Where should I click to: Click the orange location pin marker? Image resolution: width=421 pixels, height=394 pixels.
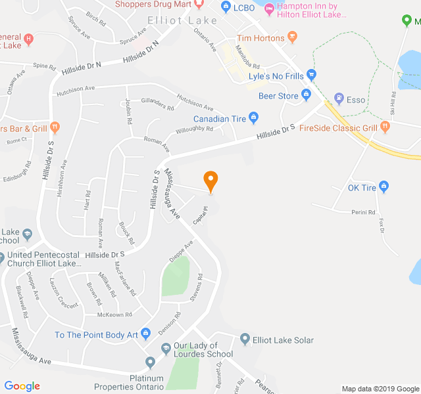click(210, 180)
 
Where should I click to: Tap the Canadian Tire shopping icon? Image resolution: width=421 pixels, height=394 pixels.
click(254, 118)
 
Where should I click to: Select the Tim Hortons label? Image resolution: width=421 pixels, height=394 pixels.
click(260, 39)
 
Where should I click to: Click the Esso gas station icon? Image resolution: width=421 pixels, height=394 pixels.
click(339, 100)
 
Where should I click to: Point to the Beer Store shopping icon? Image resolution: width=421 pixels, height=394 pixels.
click(306, 96)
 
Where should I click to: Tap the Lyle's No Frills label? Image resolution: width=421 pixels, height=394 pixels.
click(276, 76)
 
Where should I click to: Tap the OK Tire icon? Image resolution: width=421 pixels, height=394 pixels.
click(385, 188)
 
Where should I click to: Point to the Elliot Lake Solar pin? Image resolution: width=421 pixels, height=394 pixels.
click(245, 339)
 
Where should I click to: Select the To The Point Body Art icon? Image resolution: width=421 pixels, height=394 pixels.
click(146, 334)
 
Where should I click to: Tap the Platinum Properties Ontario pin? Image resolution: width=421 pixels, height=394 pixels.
click(151, 362)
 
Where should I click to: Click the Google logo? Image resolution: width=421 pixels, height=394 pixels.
click(22, 386)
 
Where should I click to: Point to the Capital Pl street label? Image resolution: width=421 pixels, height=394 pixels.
click(200, 216)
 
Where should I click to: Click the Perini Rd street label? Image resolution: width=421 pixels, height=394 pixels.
click(362, 212)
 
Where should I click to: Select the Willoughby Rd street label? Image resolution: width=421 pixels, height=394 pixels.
click(195, 130)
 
